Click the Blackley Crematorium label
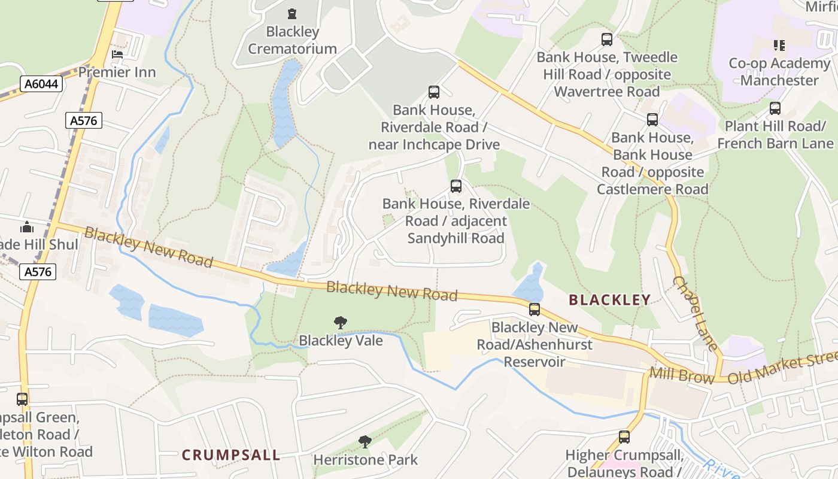[292, 40]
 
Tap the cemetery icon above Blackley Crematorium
[292, 13]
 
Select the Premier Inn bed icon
[117, 54]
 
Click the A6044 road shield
[41, 84]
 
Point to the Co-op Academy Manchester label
[779, 72]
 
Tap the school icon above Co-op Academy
[779, 45]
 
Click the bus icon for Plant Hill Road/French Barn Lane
[775, 108]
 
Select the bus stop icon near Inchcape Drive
[434, 92]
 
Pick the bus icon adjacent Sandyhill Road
[456, 186]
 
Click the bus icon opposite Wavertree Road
[607, 40]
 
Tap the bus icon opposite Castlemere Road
[652, 120]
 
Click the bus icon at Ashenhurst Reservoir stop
[535, 310]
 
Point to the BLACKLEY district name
[609, 300]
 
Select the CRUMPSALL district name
[231, 455]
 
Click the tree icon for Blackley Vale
[341, 323]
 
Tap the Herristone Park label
[366, 460]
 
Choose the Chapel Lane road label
[695, 313]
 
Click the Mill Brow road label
[682, 376]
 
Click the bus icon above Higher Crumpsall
[624, 437]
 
